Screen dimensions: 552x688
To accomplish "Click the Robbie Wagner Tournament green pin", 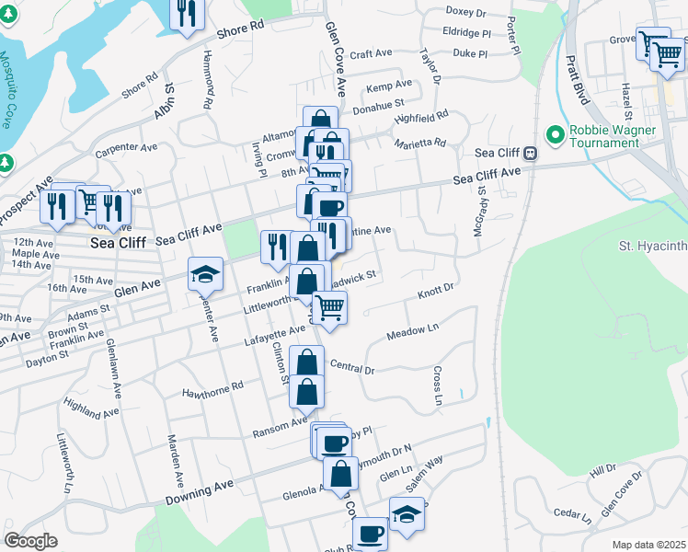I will (555, 135).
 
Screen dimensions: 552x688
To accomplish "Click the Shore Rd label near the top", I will (240, 29).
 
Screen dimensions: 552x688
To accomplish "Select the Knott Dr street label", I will (436, 291).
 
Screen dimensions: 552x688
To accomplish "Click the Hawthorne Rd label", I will (212, 386).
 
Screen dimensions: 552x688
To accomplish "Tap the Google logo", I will (30, 540).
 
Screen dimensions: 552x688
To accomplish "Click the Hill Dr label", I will (602, 471).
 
